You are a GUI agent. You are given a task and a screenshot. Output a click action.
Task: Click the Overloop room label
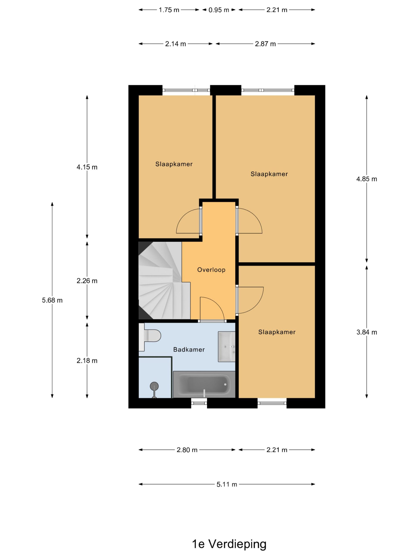click(x=211, y=270)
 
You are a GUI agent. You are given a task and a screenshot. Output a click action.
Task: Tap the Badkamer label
click(x=189, y=349)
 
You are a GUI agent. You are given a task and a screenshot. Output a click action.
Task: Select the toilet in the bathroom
click(x=150, y=337)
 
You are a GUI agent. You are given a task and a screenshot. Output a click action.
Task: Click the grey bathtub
click(x=204, y=384)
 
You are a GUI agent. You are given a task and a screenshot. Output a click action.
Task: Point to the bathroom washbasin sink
click(x=227, y=347)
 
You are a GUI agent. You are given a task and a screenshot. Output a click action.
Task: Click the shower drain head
click(x=154, y=386)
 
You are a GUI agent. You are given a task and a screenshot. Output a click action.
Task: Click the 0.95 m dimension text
click(x=219, y=10)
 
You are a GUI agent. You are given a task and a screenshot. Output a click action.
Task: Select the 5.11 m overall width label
click(x=227, y=484)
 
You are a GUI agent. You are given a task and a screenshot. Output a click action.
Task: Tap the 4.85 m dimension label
click(x=366, y=179)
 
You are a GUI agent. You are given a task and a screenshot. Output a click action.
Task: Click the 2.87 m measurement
click(x=265, y=44)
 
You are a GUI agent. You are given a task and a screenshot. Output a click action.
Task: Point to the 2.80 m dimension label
click(x=187, y=450)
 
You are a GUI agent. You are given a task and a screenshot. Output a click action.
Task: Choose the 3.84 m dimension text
click(x=367, y=332)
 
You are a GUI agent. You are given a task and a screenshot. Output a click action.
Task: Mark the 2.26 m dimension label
click(x=87, y=281)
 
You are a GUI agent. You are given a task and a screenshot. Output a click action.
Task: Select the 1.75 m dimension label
click(x=169, y=10)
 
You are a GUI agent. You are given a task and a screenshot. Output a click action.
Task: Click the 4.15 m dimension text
click(x=87, y=167)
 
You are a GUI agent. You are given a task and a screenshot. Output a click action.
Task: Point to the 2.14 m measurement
click(x=175, y=44)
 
